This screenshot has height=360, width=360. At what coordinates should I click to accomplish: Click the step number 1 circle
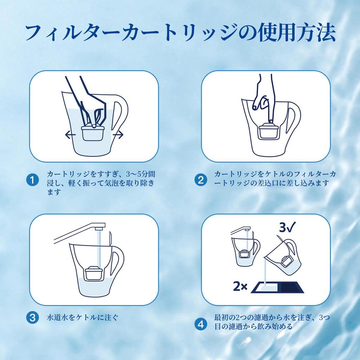(x=32, y=180)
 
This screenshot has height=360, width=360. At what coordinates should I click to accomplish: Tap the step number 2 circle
(x=201, y=180)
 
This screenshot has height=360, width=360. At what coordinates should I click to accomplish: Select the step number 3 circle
(x=32, y=318)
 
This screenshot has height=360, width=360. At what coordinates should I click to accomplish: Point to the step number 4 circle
(x=201, y=324)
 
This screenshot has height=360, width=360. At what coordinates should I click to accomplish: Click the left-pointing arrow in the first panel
(x=70, y=135)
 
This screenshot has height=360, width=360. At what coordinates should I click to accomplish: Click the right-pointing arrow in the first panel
(x=118, y=135)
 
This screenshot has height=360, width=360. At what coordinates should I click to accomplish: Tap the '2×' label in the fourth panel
(x=240, y=286)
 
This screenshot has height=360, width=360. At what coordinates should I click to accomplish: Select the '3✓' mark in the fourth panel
(x=287, y=227)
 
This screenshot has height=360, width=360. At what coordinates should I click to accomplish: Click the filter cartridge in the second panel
(x=269, y=131)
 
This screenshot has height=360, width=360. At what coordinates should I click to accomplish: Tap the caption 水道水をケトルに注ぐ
(x=83, y=318)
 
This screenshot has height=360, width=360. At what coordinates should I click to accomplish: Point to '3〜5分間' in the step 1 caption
(x=141, y=174)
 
